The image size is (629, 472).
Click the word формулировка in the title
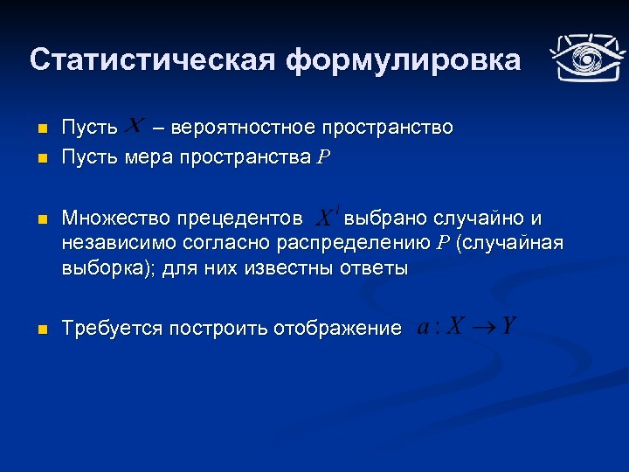pyautogui.click(x=403, y=60)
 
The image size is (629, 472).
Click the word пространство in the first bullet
pyautogui.click(x=387, y=128)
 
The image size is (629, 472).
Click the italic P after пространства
pyautogui.click(x=323, y=158)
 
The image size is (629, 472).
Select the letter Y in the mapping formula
pyautogui.click(x=509, y=327)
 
